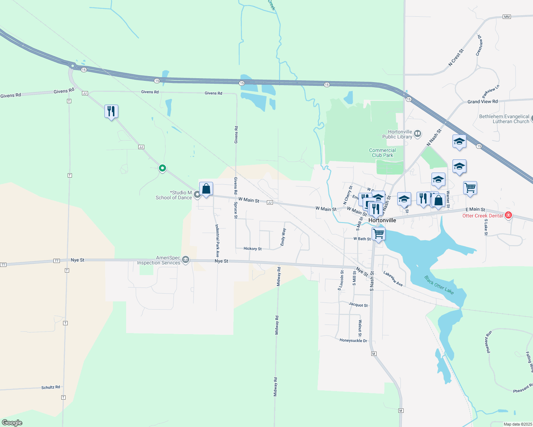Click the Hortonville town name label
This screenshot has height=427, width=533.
[382, 220]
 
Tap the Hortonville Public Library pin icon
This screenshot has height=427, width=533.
[418, 134]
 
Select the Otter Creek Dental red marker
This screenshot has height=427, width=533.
[508, 215]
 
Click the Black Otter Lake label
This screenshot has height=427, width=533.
[439, 285]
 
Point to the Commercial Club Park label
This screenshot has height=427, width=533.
[382, 153]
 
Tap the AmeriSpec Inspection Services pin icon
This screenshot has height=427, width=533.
[186, 260]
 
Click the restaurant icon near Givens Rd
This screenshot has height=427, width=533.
[111, 111]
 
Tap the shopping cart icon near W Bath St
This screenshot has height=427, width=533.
[378, 234]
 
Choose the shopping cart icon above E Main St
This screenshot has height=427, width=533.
[470, 187]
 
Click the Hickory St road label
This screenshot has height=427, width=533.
[253, 249]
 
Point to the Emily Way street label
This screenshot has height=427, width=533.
[283, 237]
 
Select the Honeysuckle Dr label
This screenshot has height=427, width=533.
[353, 341]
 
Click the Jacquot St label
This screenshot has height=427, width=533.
[358, 305]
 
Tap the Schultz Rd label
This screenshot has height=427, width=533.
[51, 387]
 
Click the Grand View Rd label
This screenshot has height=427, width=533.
[482, 101]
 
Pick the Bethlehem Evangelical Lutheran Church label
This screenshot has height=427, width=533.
[504, 119]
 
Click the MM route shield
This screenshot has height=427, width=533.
[507, 17]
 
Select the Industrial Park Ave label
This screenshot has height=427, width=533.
[217, 241]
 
